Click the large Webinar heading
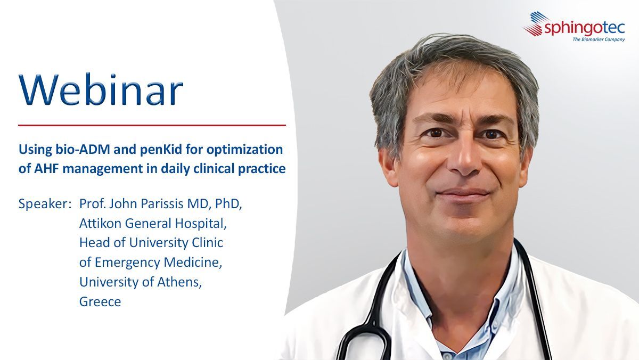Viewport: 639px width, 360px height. point(101,89)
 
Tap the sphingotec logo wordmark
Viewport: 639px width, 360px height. point(585,28)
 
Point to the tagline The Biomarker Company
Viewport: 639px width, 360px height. point(599,39)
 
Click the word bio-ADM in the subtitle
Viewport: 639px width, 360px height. point(83,150)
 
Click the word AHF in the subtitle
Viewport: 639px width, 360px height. point(46,169)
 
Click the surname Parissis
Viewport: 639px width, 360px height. point(162,203)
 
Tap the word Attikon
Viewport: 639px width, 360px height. point(101,223)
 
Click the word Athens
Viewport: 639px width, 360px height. point(179,282)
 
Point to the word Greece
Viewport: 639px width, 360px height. point(100,302)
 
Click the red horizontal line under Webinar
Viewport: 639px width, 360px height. point(152,125)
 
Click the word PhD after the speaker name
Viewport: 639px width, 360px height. point(228,204)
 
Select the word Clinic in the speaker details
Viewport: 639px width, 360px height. point(207,243)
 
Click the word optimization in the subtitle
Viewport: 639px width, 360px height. point(244,150)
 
